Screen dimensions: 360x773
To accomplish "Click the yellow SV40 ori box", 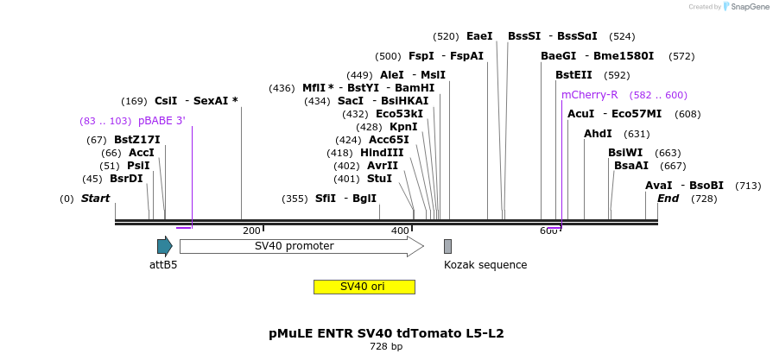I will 364,287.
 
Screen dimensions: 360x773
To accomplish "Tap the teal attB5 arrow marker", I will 164,246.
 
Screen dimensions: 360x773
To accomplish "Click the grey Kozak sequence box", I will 447,246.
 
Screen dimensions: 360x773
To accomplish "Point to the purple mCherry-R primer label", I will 589,95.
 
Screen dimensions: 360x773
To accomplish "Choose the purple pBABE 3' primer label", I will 162,121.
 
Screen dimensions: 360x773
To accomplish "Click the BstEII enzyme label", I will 573,75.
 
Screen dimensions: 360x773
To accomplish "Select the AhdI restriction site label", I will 598,134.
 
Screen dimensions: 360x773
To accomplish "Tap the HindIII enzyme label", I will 382,153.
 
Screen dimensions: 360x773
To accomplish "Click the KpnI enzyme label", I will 403,127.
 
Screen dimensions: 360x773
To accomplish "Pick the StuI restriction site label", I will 379,179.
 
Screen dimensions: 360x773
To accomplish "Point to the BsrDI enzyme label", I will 126,179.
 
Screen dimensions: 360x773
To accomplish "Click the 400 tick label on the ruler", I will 400,231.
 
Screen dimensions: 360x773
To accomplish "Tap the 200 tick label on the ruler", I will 251,231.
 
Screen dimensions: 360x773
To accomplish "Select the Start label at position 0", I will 96,199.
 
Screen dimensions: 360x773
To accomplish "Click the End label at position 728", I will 668,198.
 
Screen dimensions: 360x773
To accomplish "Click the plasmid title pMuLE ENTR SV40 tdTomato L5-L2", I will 386,332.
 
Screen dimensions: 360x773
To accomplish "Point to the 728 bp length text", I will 386,346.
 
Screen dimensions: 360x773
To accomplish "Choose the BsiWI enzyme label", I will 625,153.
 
